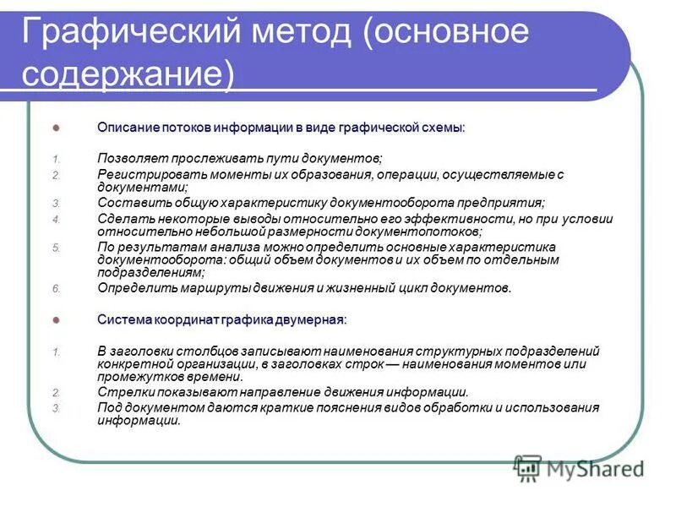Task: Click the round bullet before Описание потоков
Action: coord(57,128)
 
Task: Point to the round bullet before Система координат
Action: coord(57,320)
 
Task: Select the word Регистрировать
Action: coord(145,174)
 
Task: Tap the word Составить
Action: coord(128,203)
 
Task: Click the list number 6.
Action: coord(56,288)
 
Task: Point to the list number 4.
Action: coord(56,219)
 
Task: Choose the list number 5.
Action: coord(56,247)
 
